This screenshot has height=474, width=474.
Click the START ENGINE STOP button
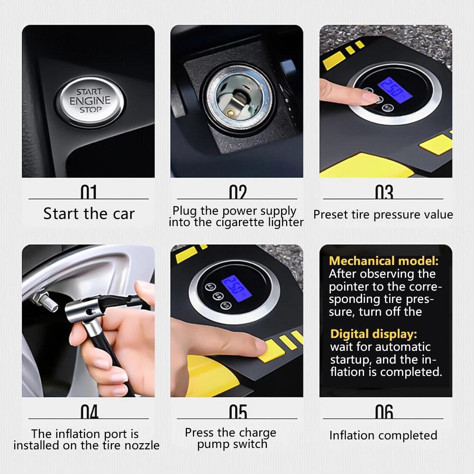click(x=90, y=100)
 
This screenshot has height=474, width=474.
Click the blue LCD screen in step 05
click(x=236, y=289)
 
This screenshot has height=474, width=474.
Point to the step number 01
click(x=89, y=192)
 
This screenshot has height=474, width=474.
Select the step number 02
click(x=237, y=192)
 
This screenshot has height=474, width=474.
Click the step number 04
click(x=89, y=412)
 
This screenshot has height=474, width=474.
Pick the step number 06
click(x=384, y=412)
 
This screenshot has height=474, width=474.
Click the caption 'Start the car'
click(x=89, y=214)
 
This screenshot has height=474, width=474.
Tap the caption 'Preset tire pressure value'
click(x=383, y=215)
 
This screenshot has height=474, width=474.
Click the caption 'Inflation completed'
click(x=383, y=435)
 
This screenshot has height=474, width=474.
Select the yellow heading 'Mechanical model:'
click(x=383, y=261)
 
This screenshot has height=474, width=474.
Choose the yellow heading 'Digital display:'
click(x=374, y=334)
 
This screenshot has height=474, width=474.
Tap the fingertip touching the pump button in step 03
click(x=373, y=99)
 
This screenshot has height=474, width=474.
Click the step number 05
click(x=237, y=412)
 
